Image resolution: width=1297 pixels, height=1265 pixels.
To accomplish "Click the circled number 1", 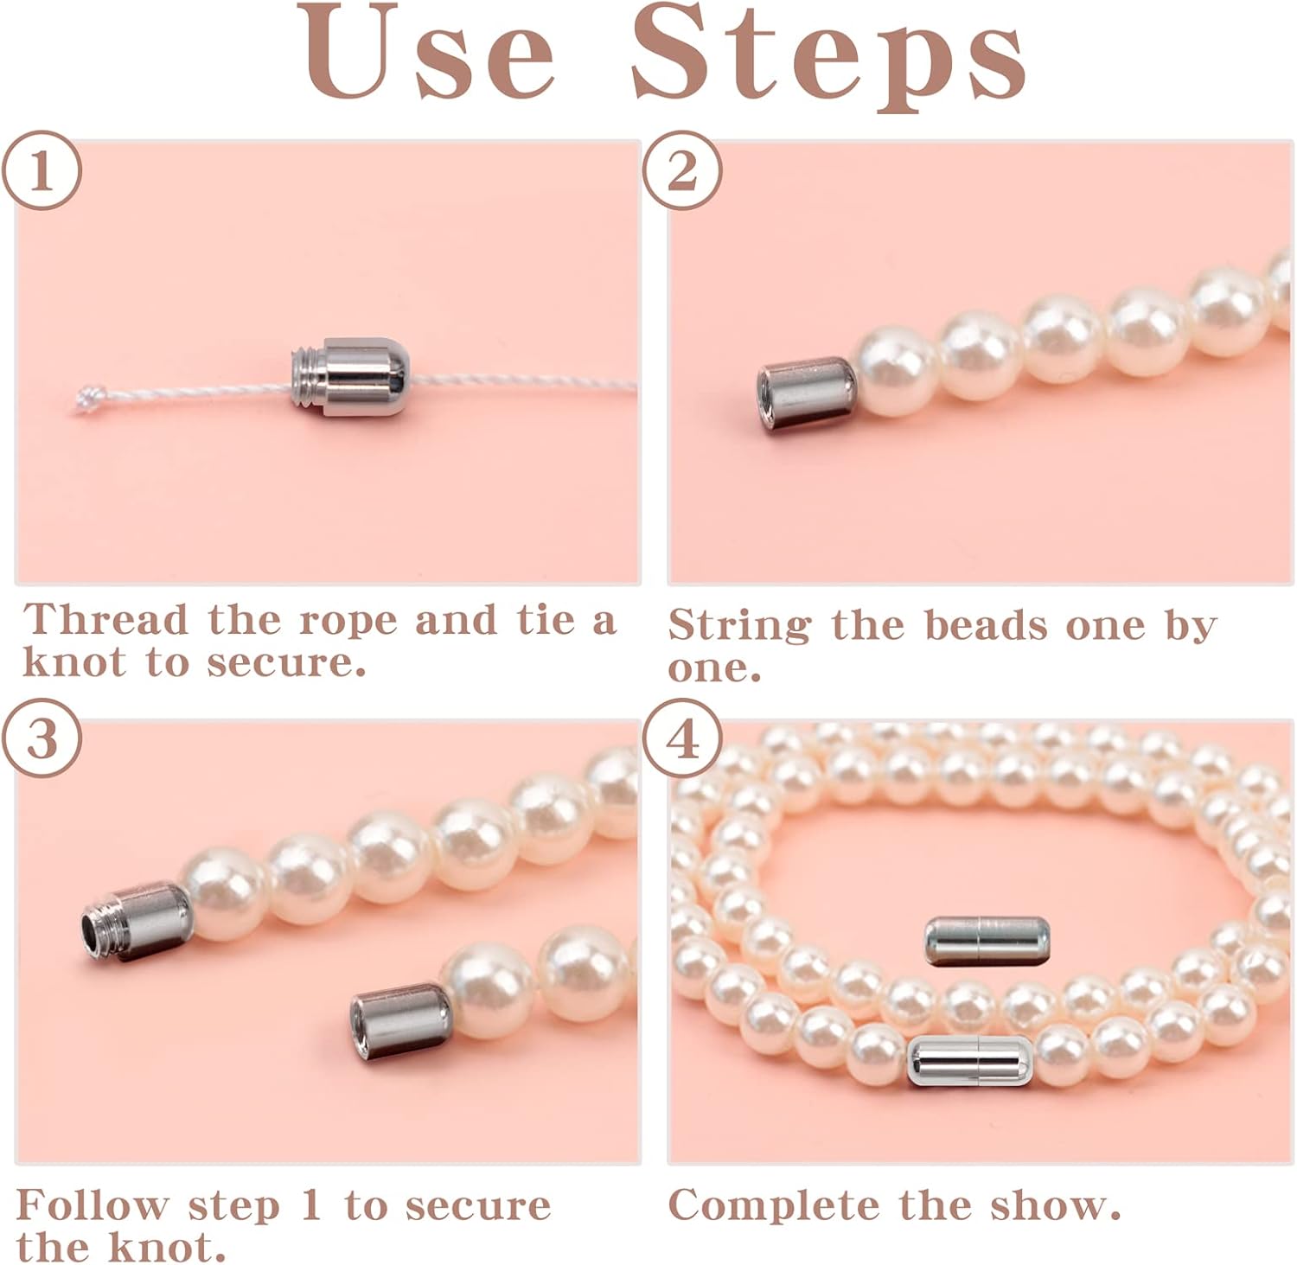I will (42, 170).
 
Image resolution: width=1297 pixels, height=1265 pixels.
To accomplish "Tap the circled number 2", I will (682, 170).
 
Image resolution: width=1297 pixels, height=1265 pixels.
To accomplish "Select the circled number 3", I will (42, 738).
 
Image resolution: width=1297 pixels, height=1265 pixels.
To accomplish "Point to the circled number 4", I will (682, 738).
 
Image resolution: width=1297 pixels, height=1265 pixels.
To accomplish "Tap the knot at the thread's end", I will (87, 399).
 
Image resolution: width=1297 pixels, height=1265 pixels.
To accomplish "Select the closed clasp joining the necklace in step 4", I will (970, 1061).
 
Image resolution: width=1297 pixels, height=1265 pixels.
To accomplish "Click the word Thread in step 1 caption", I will (105, 620).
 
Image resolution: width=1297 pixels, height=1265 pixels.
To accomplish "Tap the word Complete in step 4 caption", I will (776, 1205).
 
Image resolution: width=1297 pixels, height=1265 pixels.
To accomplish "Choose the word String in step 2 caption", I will (739, 625).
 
